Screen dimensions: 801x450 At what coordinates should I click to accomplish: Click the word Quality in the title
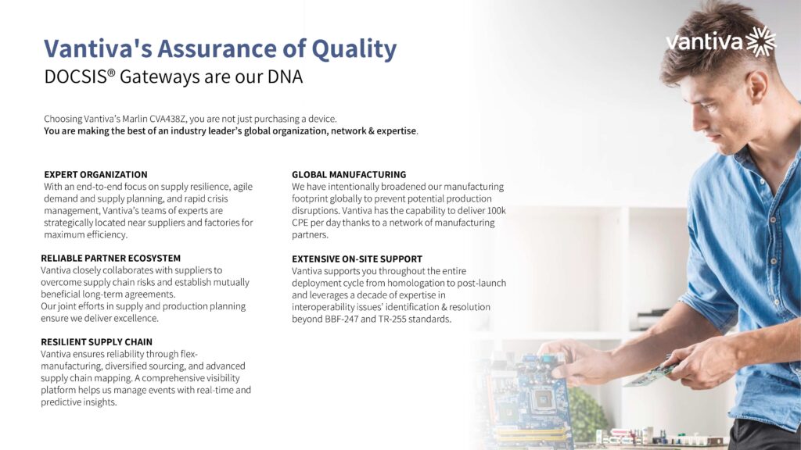coord(354,50)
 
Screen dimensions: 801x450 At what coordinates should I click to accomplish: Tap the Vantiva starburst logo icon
coord(761,41)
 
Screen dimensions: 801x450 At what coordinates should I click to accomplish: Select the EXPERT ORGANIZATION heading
coord(95,174)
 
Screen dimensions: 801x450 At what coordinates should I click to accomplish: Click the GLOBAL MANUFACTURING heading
coord(349,174)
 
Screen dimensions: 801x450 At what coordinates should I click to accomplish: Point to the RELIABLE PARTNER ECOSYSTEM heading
coord(111,258)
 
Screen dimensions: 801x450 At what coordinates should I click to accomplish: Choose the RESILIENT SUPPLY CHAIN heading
coord(96,342)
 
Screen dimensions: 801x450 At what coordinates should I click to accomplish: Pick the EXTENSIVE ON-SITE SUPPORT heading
coord(357,259)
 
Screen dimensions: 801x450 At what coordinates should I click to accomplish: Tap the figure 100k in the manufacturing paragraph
coord(496,211)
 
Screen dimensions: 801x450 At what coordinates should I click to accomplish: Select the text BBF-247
coord(341,320)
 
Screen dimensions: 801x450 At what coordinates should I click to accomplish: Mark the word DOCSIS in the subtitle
coord(76,77)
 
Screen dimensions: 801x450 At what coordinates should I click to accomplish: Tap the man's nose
coord(701,121)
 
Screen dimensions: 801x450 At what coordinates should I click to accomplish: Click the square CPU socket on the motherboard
coord(541,400)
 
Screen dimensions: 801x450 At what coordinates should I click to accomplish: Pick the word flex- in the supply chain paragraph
coord(189,354)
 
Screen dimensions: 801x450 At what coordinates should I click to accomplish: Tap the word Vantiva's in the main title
coord(98,49)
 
